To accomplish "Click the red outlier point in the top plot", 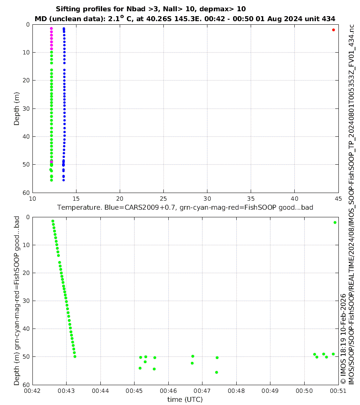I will (x=333, y=30).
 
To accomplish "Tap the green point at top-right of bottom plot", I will (x=335, y=222).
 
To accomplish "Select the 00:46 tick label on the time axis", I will (x=168, y=391).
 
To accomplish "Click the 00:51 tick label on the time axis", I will (x=338, y=391).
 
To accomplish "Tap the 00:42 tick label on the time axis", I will (x=32, y=391).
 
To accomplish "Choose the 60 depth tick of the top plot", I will (x=25, y=193).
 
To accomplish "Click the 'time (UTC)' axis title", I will (x=185, y=399).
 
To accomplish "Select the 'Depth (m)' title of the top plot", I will (x=17, y=108).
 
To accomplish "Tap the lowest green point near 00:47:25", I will (x=216, y=372).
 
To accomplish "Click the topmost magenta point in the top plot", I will (x=51, y=28).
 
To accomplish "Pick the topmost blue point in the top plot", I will (x=64, y=29).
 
